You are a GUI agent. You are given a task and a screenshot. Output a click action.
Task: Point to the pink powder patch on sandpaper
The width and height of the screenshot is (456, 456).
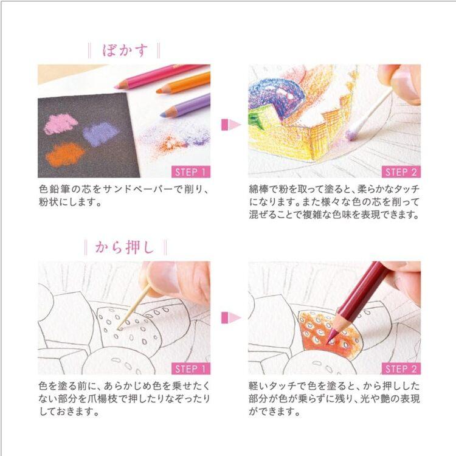point(61,124)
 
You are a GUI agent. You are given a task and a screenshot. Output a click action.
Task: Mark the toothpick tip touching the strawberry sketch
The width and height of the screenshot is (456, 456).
point(119,329)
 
